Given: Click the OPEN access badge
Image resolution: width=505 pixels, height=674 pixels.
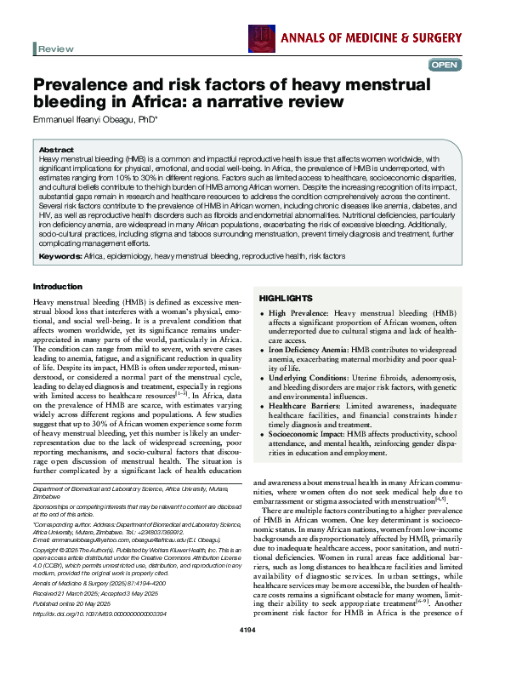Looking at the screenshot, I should pyautogui.click(x=445, y=66).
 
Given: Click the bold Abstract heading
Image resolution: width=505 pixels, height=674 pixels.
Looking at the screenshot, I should pyautogui.click(x=56, y=149).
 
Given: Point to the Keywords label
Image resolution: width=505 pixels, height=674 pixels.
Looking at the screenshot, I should pyautogui.click(x=60, y=255).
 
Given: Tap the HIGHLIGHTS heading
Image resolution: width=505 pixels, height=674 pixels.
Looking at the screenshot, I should pyautogui.click(x=286, y=299).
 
